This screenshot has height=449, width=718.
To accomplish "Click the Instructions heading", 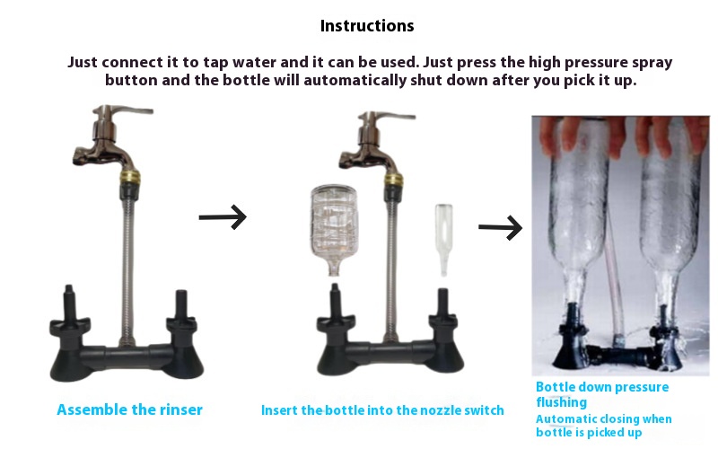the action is click(367, 26).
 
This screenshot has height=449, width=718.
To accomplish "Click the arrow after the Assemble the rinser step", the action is click(223, 216).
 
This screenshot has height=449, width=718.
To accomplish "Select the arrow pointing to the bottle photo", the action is click(500, 227).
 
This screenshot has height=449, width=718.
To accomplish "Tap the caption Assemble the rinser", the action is click(129, 409).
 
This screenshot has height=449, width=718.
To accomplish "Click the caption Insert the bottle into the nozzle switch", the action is click(382, 410).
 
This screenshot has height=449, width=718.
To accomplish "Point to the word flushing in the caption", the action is click(562, 402).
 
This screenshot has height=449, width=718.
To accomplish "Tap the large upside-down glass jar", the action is click(333, 229).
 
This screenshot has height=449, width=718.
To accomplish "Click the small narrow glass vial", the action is click(443, 240).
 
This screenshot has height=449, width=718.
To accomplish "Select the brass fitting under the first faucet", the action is click(130, 176).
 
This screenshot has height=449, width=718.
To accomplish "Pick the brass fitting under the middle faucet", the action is click(393, 179).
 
